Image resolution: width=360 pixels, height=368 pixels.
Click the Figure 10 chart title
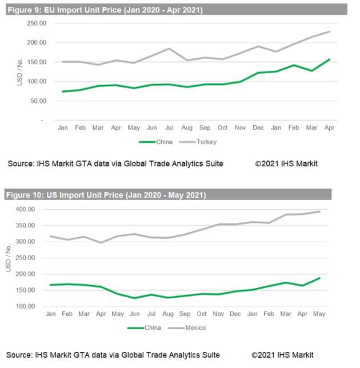pos(106,195)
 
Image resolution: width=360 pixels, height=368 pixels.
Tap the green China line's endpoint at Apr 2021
pos(330,59)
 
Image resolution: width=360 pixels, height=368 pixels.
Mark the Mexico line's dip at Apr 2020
pos(101,243)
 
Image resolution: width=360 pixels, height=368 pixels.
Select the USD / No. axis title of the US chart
pos(8,258)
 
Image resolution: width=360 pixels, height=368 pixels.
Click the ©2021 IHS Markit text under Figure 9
pos(286,164)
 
